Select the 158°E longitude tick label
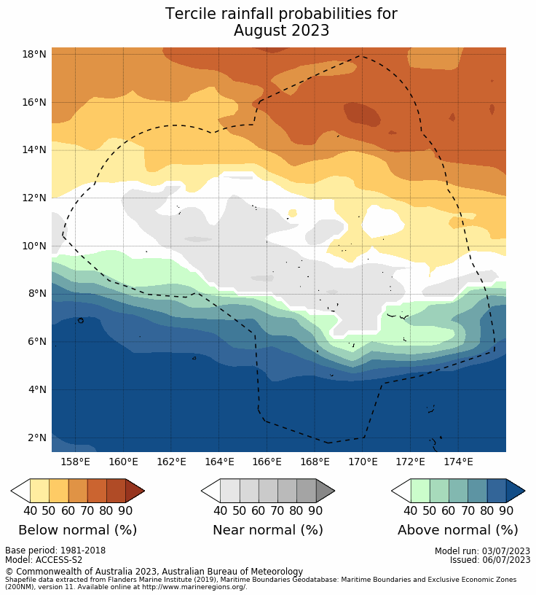(x=75, y=462)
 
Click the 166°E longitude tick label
(x=267, y=462)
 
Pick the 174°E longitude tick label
(x=458, y=462)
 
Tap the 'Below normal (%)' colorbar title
(x=77, y=530)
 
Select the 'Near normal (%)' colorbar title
(x=267, y=530)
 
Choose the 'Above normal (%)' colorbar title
(x=457, y=530)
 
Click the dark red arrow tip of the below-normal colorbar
(x=135, y=491)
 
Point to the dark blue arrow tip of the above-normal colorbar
(x=516, y=491)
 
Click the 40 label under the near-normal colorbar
(x=220, y=511)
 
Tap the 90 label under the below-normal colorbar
(x=125, y=511)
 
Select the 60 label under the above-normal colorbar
(x=449, y=511)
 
